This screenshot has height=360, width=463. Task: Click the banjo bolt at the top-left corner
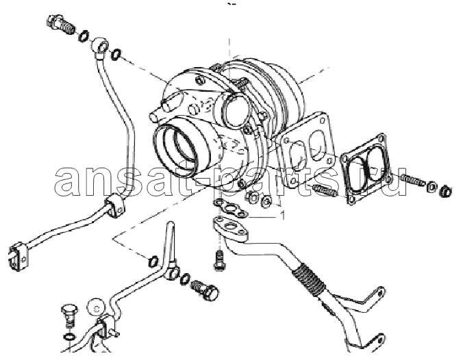[62, 24]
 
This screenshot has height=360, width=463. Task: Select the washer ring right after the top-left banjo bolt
[84, 36]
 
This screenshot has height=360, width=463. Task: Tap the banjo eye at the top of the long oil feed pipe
[99, 46]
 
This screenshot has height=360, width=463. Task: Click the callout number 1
[283, 216]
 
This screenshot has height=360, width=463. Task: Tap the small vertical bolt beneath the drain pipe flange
[219, 259]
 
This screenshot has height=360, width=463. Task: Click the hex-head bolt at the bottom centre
[205, 290]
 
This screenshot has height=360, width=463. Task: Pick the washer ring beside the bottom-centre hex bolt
[185, 279]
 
